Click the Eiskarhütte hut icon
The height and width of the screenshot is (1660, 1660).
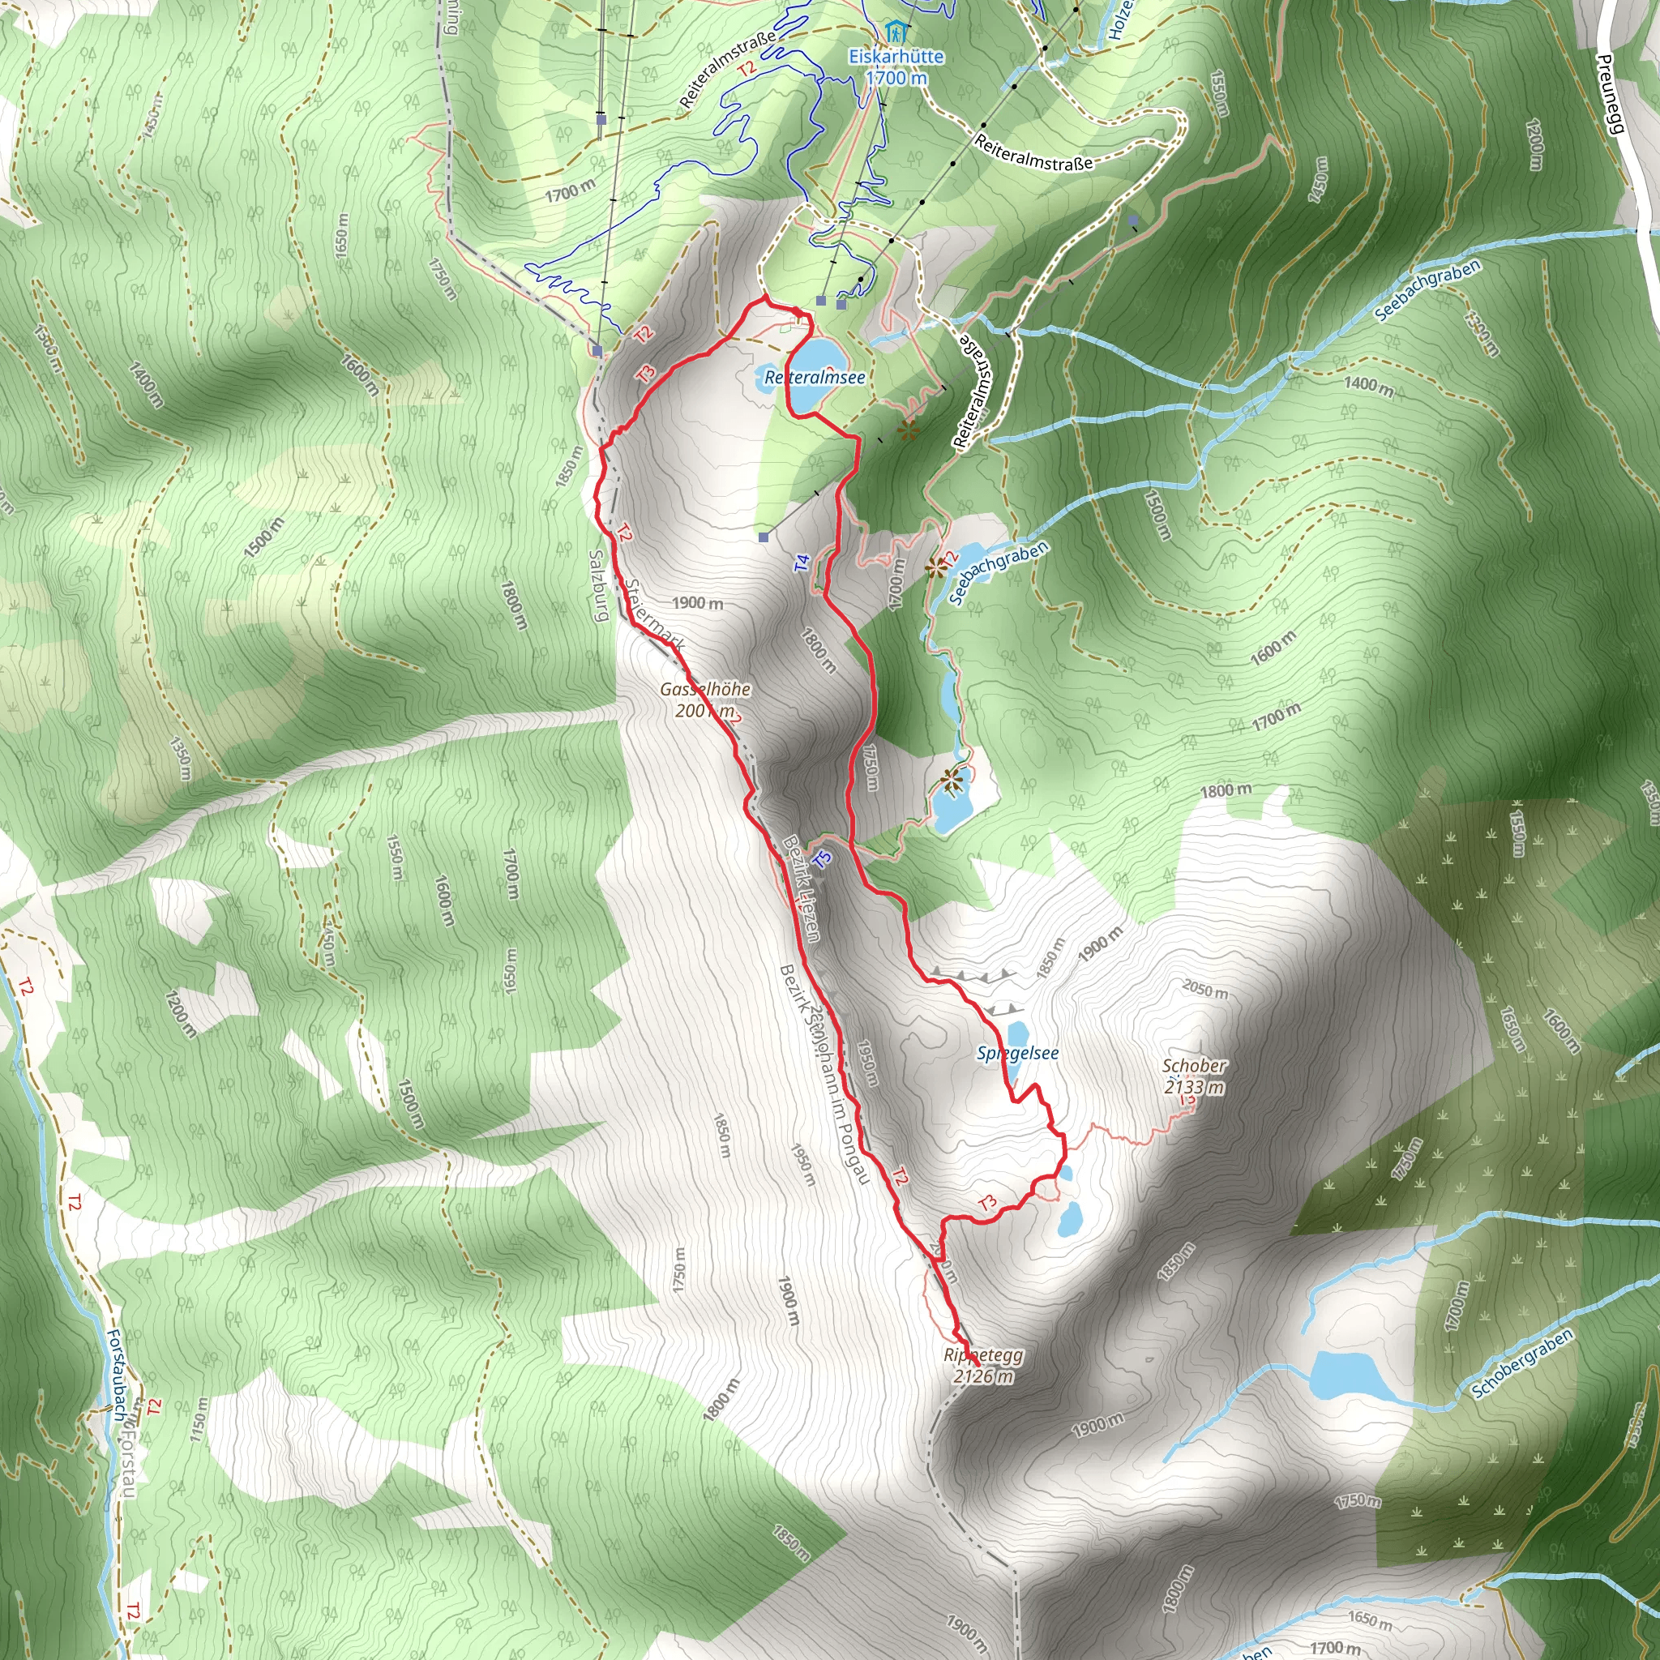[x=897, y=33]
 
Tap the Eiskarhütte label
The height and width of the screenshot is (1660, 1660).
[x=896, y=57]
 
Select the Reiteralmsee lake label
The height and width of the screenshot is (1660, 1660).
[x=815, y=377]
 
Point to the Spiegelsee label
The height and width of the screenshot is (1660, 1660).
[x=1017, y=1054]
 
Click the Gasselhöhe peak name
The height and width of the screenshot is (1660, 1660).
[x=704, y=689]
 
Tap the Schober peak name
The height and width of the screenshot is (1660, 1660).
[x=1194, y=1065]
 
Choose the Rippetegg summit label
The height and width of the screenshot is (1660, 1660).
[x=983, y=1355]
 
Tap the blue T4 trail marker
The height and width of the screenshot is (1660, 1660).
[x=802, y=563]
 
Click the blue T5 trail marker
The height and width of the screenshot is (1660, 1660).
[x=822, y=859]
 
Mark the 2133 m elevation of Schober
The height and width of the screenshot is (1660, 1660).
[x=1194, y=1088]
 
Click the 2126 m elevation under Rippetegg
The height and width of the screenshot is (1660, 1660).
[x=983, y=1376]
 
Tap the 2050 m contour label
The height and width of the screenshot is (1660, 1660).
[x=1204, y=989]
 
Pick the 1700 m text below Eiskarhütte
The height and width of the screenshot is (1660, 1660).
[x=896, y=78]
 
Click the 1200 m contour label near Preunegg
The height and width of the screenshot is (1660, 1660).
[x=1534, y=143]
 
